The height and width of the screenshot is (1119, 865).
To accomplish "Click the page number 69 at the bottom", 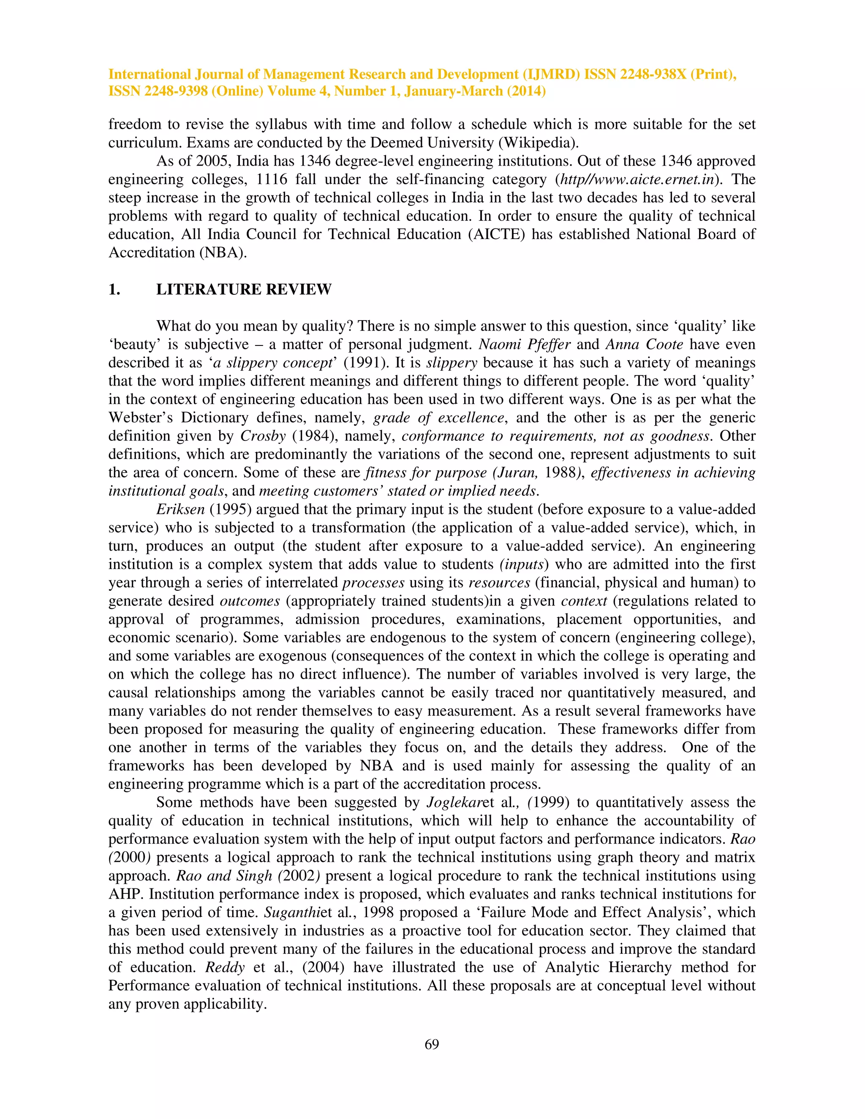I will click(x=432, y=1044).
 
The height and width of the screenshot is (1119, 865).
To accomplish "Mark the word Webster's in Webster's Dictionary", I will click(x=139, y=418).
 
